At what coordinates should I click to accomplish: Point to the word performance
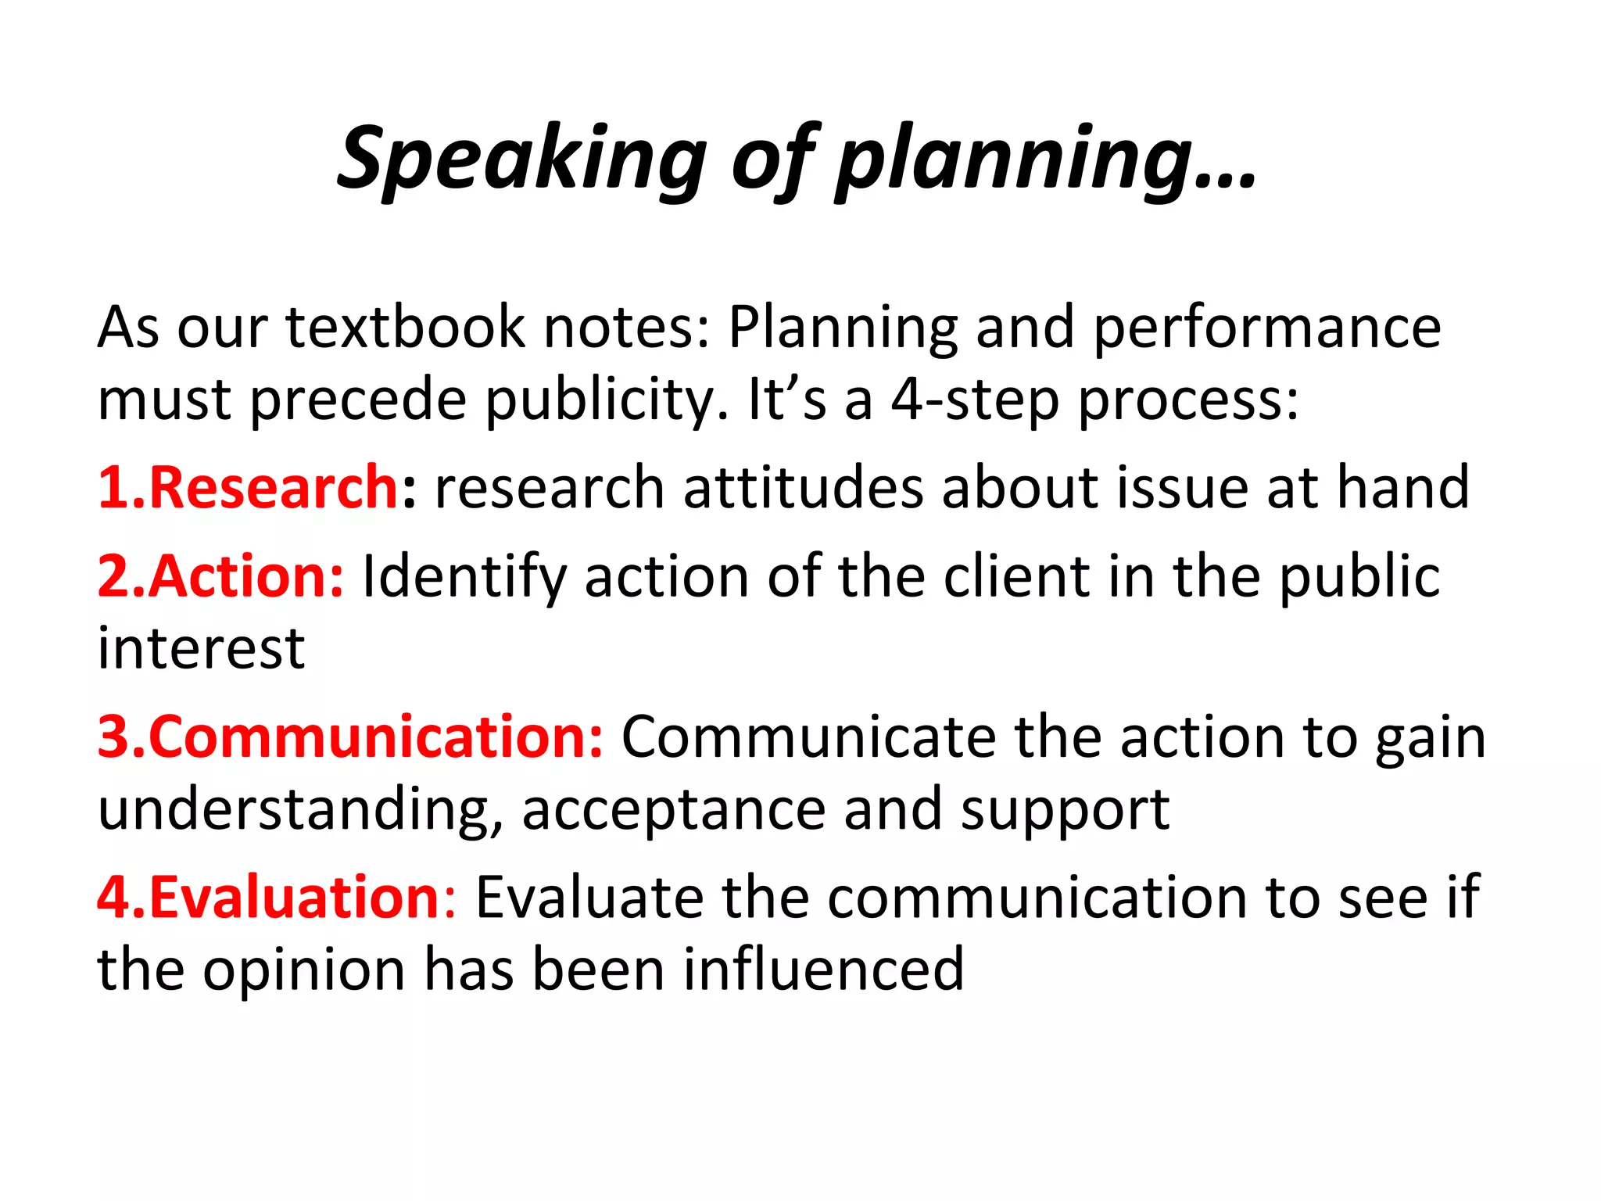pyautogui.click(x=1266, y=328)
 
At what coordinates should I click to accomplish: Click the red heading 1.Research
pyautogui.click(x=249, y=487)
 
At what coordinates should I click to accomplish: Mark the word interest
pyautogui.click(x=201, y=648)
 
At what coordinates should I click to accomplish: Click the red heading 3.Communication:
pyautogui.click(x=350, y=737)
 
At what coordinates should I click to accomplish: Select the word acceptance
pyautogui.click(x=674, y=811)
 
